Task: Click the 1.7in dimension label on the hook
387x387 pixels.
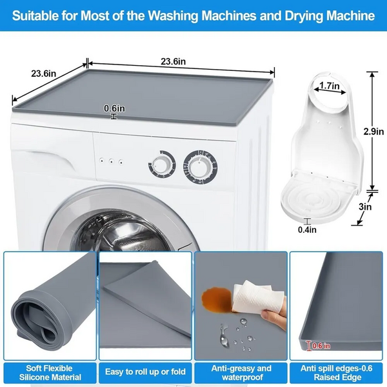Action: (x=330, y=86)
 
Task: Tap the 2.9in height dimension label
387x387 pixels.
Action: (x=373, y=132)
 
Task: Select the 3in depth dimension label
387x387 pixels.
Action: (x=365, y=206)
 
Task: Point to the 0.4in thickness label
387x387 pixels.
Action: (x=307, y=230)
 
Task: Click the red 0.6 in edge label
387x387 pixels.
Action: (x=321, y=346)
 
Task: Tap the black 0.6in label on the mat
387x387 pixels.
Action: (x=114, y=108)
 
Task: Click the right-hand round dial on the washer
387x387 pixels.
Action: (x=200, y=167)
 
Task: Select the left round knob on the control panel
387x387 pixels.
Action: (x=162, y=164)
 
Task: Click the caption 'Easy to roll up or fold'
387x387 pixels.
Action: (x=145, y=372)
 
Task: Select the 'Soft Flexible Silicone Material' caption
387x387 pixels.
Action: (x=50, y=373)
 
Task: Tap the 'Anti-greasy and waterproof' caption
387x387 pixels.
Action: (x=241, y=373)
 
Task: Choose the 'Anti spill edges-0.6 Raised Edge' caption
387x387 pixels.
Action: (x=337, y=373)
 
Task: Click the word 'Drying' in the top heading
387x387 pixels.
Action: (x=304, y=15)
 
